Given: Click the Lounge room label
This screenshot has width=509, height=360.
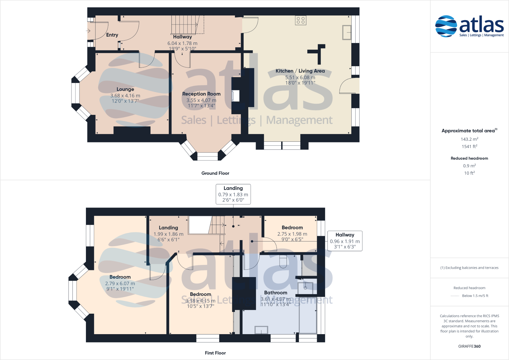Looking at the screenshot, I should (125, 89).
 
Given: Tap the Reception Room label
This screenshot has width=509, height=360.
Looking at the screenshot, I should (201, 94).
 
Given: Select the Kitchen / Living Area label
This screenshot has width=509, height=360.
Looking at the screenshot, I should (300, 71).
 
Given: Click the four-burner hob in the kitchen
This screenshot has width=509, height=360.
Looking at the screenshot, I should (301, 20).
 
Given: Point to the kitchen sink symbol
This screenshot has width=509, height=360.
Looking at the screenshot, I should (347, 33).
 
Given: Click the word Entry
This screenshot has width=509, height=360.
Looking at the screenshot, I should (112, 35).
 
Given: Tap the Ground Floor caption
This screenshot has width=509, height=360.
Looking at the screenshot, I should (215, 173).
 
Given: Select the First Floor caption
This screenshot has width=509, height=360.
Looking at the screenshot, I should (215, 353).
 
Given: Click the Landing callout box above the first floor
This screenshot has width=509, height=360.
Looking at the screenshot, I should (233, 194).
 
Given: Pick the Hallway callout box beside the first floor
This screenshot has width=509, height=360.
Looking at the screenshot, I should (345, 241).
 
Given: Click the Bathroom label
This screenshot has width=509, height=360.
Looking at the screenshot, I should (275, 293).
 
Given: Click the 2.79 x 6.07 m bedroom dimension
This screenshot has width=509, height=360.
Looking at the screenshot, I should (120, 283).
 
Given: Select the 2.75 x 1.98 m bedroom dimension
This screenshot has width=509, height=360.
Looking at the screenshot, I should (292, 234).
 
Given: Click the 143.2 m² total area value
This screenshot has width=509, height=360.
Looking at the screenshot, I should (469, 139).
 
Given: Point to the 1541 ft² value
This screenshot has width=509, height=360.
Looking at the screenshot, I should (469, 146).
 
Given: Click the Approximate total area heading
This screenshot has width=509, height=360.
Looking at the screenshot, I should (469, 131).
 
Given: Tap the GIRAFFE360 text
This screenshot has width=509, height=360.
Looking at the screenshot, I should (469, 346).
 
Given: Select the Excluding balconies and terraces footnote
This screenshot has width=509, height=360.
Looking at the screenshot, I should (469, 268).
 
